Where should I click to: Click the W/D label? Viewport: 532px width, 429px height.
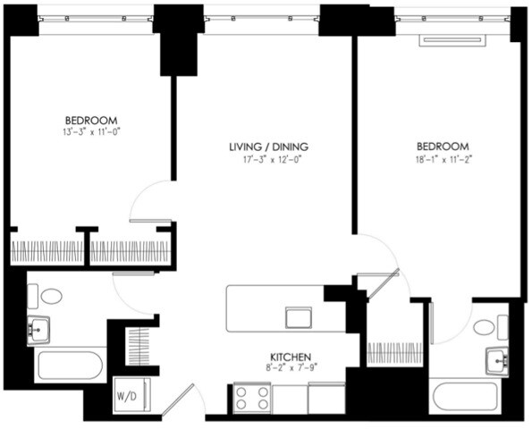pos(126,394)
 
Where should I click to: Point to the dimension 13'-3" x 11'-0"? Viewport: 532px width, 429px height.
pos(90,131)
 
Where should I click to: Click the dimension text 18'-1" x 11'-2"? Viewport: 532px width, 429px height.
pos(442,158)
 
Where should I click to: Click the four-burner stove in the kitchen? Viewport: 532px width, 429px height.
pos(252,398)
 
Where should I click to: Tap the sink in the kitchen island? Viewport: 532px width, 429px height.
pos(299,317)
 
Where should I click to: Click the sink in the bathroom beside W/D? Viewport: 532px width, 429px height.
pos(38,331)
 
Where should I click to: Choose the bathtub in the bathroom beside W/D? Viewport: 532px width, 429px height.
pos(69,365)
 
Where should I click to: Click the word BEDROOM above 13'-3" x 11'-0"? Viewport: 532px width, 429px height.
pos(90,120)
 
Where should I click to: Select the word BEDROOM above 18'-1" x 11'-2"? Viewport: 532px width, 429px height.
pos(442,147)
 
